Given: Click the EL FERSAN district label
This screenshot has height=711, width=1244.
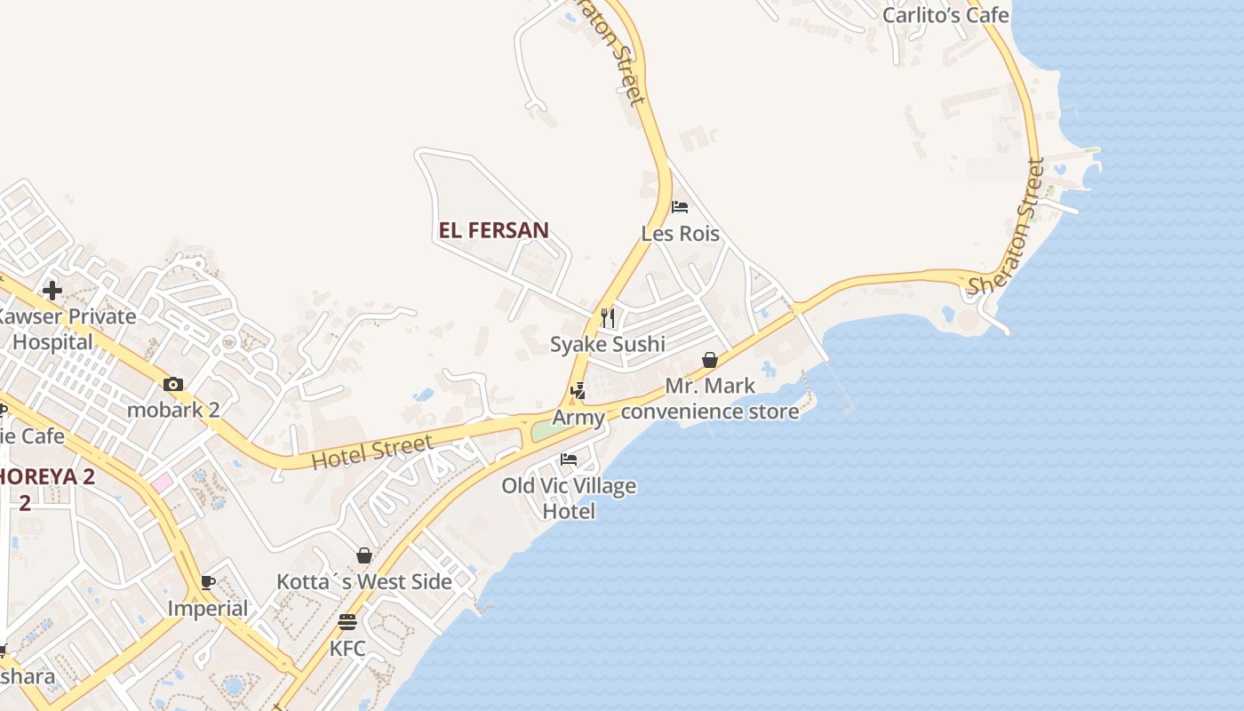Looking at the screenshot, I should (493, 230).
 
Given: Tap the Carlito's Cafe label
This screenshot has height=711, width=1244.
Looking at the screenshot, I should (945, 15).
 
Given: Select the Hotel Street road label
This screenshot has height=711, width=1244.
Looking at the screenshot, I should (371, 451).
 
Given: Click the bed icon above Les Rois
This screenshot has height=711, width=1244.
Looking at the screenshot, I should (680, 207).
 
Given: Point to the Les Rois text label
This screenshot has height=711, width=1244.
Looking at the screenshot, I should (680, 234).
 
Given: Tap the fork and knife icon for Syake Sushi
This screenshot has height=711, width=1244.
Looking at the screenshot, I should (608, 317).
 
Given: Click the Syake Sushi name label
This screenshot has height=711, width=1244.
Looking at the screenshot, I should (608, 344).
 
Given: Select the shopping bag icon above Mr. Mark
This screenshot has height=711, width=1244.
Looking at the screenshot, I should (710, 360).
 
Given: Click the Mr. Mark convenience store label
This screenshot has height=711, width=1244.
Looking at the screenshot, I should (710, 398).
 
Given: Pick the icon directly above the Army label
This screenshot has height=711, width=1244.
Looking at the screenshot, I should (578, 390).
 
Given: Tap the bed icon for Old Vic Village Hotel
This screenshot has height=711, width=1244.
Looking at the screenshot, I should (569, 459).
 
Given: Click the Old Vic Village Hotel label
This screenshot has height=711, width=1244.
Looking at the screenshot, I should (569, 499).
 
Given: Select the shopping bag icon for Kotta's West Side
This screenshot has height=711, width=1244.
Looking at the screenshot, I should (364, 555).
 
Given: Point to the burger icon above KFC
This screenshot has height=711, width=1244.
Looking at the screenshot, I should (347, 622).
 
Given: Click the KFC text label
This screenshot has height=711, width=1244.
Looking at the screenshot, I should (347, 649).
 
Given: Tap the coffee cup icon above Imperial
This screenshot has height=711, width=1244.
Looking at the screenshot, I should (208, 583).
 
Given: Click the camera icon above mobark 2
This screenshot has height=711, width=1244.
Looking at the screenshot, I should (173, 385).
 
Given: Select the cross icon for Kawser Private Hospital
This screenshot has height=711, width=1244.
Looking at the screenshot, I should (52, 290).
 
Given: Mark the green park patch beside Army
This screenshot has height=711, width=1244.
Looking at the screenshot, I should (546, 431).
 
